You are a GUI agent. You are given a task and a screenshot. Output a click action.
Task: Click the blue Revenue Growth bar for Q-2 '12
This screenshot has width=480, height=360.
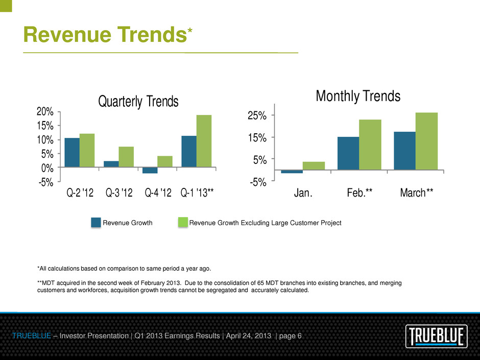pyautogui.click(x=72, y=153)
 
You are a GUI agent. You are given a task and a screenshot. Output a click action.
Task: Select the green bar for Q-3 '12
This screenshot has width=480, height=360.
pyautogui.click(x=126, y=157)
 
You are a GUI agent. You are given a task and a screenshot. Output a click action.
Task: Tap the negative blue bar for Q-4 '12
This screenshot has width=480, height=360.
pyautogui.click(x=150, y=170)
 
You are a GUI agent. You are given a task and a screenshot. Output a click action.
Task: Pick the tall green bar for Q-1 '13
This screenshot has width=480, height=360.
pyautogui.click(x=204, y=141)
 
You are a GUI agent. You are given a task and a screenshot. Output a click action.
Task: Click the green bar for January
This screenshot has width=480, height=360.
pyautogui.click(x=314, y=165)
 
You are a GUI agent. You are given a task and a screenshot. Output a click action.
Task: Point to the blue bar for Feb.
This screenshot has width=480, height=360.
pyautogui.click(x=348, y=153)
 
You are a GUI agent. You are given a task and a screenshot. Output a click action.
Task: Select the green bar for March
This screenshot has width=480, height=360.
pyautogui.click(x=426, y=141)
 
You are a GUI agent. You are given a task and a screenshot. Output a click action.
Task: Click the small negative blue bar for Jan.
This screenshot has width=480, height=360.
pyautogui.click(x=292, y=172)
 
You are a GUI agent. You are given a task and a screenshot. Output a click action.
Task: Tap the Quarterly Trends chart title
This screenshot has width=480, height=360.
pyautogui.click(x=138, y=102)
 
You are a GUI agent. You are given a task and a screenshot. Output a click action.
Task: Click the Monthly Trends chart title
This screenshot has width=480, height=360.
pyautogui.click(x=358, y=96)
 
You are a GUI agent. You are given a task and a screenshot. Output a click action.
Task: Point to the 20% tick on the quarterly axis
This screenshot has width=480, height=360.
pyautogui.click(x=45, y=112)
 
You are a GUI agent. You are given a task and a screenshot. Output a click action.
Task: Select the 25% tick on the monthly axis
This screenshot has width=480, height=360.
pyautogui.click(x=257, y=115)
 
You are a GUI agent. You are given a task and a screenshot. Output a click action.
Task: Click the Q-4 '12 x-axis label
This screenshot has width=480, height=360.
pyautogui.click(x=158, y=193)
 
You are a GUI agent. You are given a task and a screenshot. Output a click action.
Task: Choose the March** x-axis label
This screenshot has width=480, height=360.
pyautogui.click(x=417, y=193)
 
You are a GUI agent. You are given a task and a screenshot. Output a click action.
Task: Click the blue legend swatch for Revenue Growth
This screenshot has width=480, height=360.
pyautogui.click(x=96, y=223)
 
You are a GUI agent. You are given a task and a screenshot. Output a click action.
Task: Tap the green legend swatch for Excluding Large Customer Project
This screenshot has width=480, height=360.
pyautogui.click(x=183, y=223)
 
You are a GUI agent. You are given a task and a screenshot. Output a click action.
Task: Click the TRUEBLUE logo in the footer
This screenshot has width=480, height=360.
pyautogui.click(x=437, y=336)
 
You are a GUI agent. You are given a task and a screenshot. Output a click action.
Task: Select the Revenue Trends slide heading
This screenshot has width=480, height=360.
pyautogui.click(x=108, y=34)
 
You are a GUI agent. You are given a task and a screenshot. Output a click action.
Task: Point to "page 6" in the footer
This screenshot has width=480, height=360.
pyautogui.click(x=290, y=336)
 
